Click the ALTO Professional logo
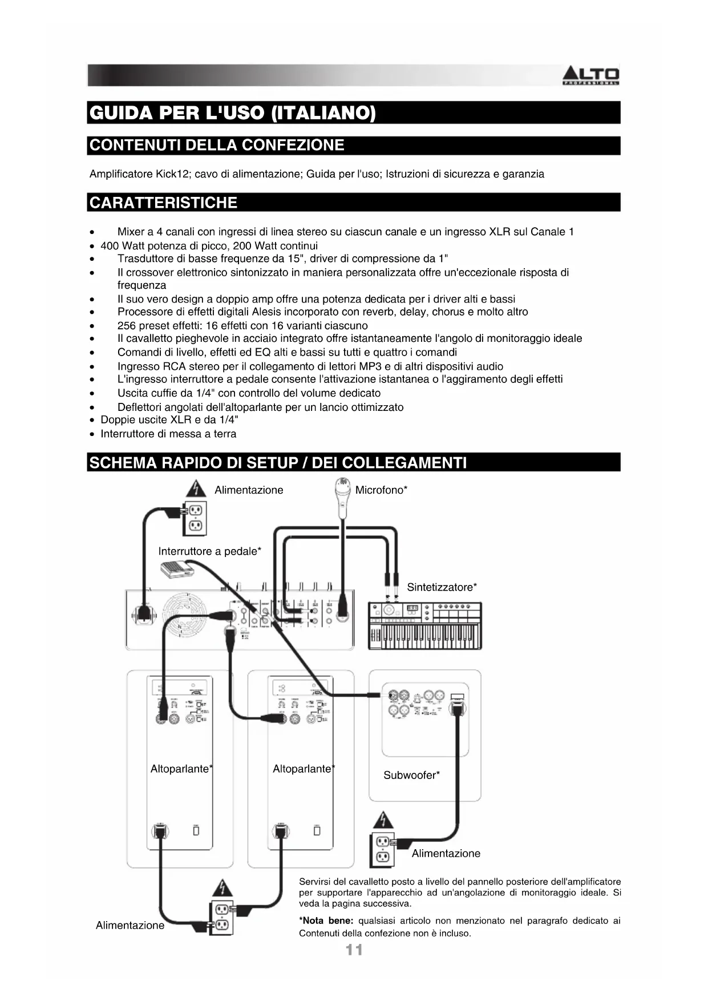pos(591,76)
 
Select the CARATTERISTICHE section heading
pos(163,203)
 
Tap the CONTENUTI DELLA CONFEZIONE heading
pos(217,145)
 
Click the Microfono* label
pos(381,490)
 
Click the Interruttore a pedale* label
pos(209,551)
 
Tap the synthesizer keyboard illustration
pos(425,625)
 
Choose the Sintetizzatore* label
pos(442,587)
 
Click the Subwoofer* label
pos(411,775)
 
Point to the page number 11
pos(354,950)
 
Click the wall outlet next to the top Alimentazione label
pos(195,518)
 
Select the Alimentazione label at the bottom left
pos(130,925)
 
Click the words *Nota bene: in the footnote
pos(326,921)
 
